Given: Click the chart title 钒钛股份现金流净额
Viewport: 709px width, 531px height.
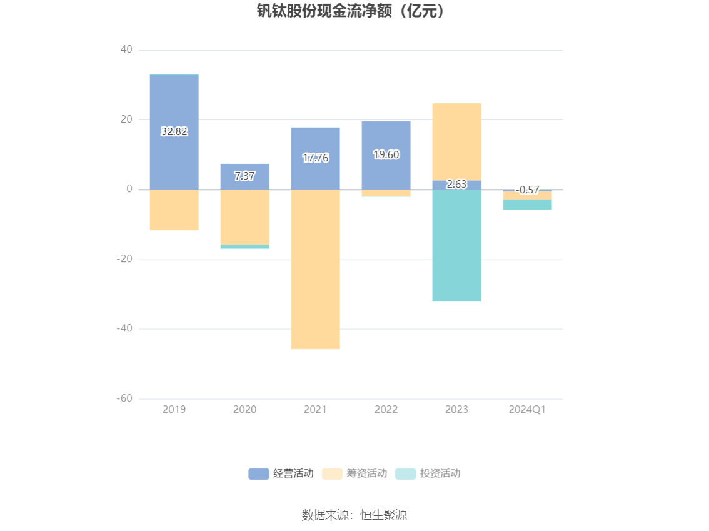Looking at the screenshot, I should pyautogui.click(x=354, y=11).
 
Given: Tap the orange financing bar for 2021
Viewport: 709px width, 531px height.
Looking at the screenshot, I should pyautogui.click(x=315, y=269).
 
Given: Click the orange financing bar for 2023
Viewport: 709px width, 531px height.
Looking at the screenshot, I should pyautogui.click(x=456, y=141).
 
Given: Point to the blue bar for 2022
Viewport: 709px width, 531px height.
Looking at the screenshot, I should pyautogui.click(x=386, y=138).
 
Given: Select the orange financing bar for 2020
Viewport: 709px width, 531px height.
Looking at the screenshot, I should pyautogui.click(x=244, y=216).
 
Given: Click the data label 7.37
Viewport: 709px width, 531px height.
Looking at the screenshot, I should pyautogui.click(x=244, y=176).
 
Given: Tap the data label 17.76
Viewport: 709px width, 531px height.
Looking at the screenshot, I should pyautogui.click(x=315, y=158).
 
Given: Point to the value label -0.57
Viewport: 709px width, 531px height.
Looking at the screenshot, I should pyautogui.click(x=527, y=190).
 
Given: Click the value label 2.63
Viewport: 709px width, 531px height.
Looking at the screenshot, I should pyautogui.click(x=456, y=184).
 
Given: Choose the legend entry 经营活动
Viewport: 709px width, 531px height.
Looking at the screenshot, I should pyautogui.click(x=281, y=473).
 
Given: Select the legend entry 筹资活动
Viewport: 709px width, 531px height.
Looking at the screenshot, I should pyautogui.click(x=354, y=473).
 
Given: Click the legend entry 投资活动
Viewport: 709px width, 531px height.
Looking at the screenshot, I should pyautogui.click(x=428, y=473).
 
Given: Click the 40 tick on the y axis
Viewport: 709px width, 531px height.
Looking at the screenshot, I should pyautogui.click(x=126, y=49).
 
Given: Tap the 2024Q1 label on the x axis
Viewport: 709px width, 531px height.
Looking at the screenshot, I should pyautogui.click(x=527, y=410).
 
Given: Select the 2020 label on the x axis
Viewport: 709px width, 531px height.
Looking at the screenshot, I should pyautogui.click(x=244, y=410).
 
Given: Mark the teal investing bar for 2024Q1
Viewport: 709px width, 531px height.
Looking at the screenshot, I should pyautogui.click(x=527, y=205).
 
